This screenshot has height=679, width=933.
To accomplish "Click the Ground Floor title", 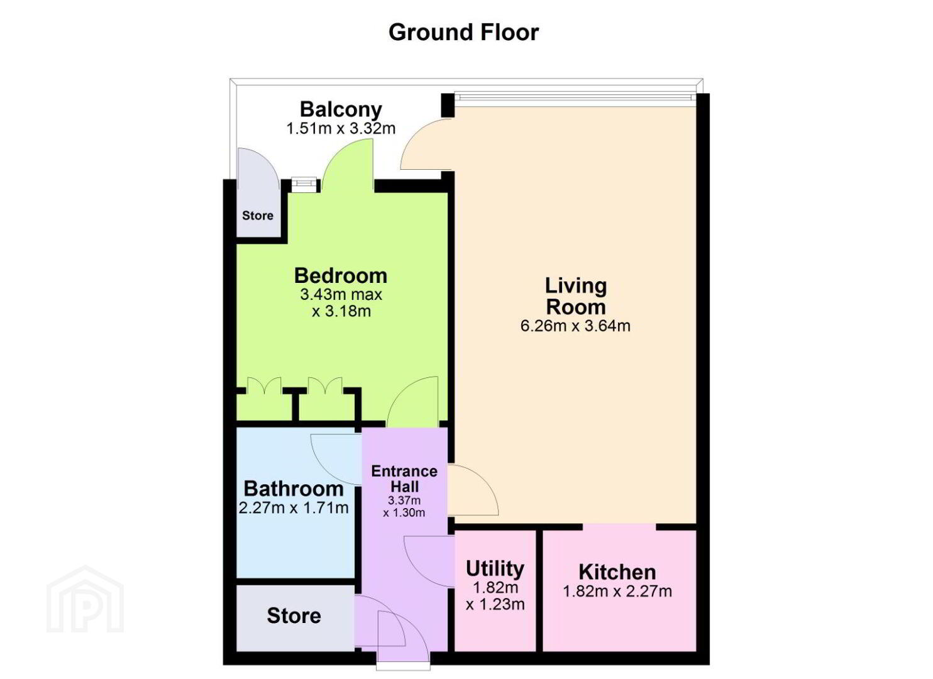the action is click(463, 33).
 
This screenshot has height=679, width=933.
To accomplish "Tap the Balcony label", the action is click(341, 109).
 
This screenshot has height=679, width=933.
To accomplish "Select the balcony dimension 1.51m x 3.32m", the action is click(341, 128).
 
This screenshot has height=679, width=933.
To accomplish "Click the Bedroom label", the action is click(341, 276).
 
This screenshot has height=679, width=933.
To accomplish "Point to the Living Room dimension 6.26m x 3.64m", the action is click(576, 326).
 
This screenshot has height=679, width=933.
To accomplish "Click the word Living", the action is click(576, 286).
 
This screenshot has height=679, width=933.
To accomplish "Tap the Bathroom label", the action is click(294, 489).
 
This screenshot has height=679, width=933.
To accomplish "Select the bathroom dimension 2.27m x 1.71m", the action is click(294, 508).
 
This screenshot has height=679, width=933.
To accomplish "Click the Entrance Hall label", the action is click(404, 479).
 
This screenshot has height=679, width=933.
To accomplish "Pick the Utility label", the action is click(495, 568).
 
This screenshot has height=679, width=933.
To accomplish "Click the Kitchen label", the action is click(617, 572).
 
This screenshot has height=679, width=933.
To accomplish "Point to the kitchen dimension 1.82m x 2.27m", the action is click(617, 591).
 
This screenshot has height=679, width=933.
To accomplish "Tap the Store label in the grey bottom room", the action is click(294, 616).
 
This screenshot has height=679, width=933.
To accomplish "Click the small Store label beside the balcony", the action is click(258, 216).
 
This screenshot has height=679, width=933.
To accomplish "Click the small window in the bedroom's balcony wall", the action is click(304, 184).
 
